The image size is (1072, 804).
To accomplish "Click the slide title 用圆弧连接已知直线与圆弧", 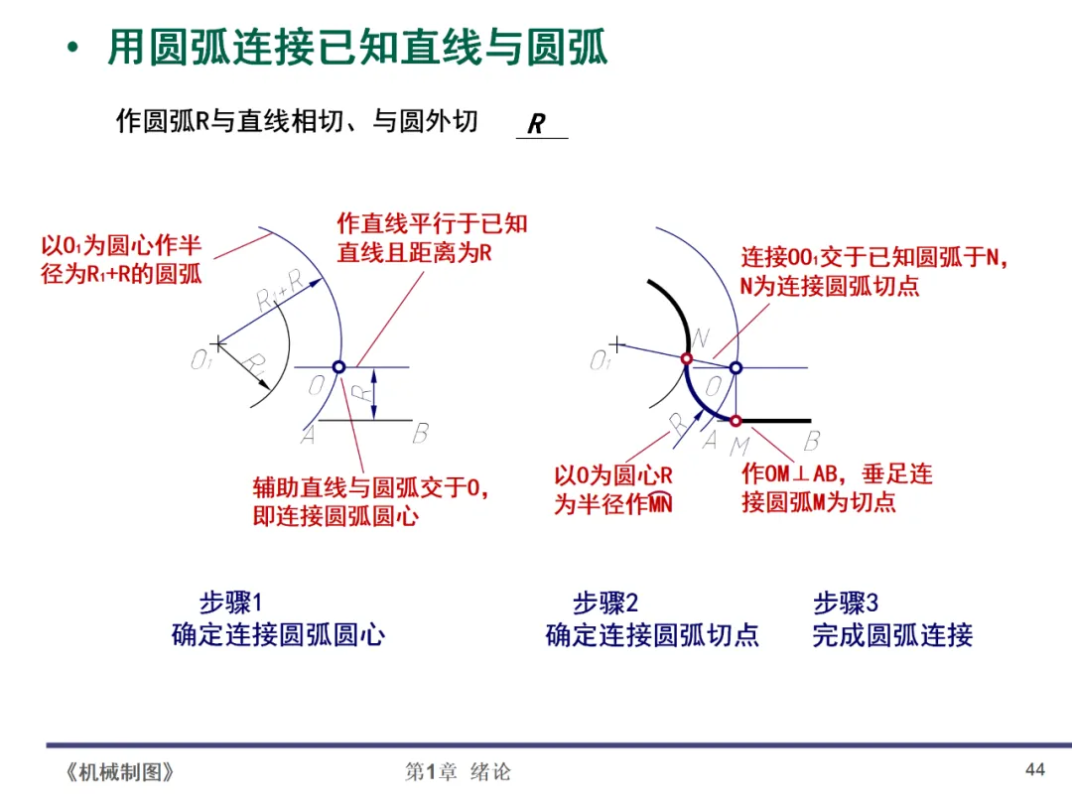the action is point(357,48).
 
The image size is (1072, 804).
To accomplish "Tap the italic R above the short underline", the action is point(536,124).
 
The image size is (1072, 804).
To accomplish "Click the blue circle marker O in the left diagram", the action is point(338,367).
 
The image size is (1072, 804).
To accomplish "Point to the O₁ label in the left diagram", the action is point(201,361).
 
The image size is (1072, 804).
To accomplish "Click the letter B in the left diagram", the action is point(420,433).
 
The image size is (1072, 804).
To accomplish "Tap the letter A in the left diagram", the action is point(309,435).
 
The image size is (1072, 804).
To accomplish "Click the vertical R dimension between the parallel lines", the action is point(367,393).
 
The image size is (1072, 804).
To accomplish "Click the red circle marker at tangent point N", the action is point(686,359).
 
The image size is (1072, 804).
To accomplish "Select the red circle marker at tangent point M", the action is point(736,420).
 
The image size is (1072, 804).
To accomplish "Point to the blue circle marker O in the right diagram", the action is point(736,367).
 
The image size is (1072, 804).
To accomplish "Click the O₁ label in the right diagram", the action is point(600,361).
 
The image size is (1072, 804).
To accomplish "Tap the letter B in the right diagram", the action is point(812,440).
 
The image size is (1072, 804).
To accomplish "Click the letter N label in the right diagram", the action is point(700,338).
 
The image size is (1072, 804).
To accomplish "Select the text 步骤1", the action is point(230,603).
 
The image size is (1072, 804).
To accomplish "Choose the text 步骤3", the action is point(846,603).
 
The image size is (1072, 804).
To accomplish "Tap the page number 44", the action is point(1035,769).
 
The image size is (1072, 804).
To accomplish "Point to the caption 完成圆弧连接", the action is point(892,635).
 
